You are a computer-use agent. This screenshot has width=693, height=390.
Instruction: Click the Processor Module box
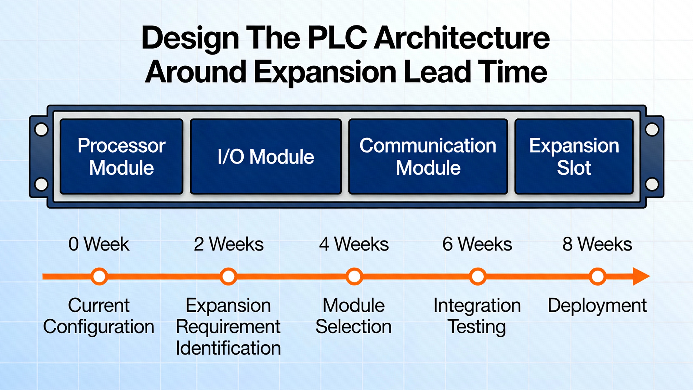(x=122, y=157)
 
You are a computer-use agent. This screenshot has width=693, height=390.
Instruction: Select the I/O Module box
(x=266, y=157)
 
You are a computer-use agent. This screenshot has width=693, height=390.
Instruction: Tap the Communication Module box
(x=428, y=157)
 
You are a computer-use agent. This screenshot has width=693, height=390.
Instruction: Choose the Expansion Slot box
(x=574, y=157)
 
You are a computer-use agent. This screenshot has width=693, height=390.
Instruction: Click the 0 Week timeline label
(x=99, y=244)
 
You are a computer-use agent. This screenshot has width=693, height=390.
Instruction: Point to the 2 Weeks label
(x=228, y=244)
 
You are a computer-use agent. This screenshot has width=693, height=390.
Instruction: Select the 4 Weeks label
(x=354, y=244)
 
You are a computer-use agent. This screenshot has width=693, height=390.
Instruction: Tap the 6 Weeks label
(x=477, y=244)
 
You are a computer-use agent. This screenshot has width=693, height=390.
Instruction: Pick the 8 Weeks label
(x=597, y=244)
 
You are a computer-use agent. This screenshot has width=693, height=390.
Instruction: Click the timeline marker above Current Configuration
(x=99, y=277)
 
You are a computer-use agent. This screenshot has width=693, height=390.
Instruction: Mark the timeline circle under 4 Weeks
(x=354, y=277)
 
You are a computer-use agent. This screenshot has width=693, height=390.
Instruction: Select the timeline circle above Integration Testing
(x=478, y=277)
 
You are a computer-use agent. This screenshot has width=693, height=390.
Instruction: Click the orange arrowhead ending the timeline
(x=641, y=277)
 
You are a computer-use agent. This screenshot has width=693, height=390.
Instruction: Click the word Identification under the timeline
(x=228, y=348)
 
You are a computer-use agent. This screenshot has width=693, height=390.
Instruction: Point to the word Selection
(x=354, y=327)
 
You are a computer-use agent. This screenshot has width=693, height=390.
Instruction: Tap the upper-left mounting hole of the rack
(x=41, y=129)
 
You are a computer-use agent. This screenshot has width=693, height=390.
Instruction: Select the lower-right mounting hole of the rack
(x=652, y=184)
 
